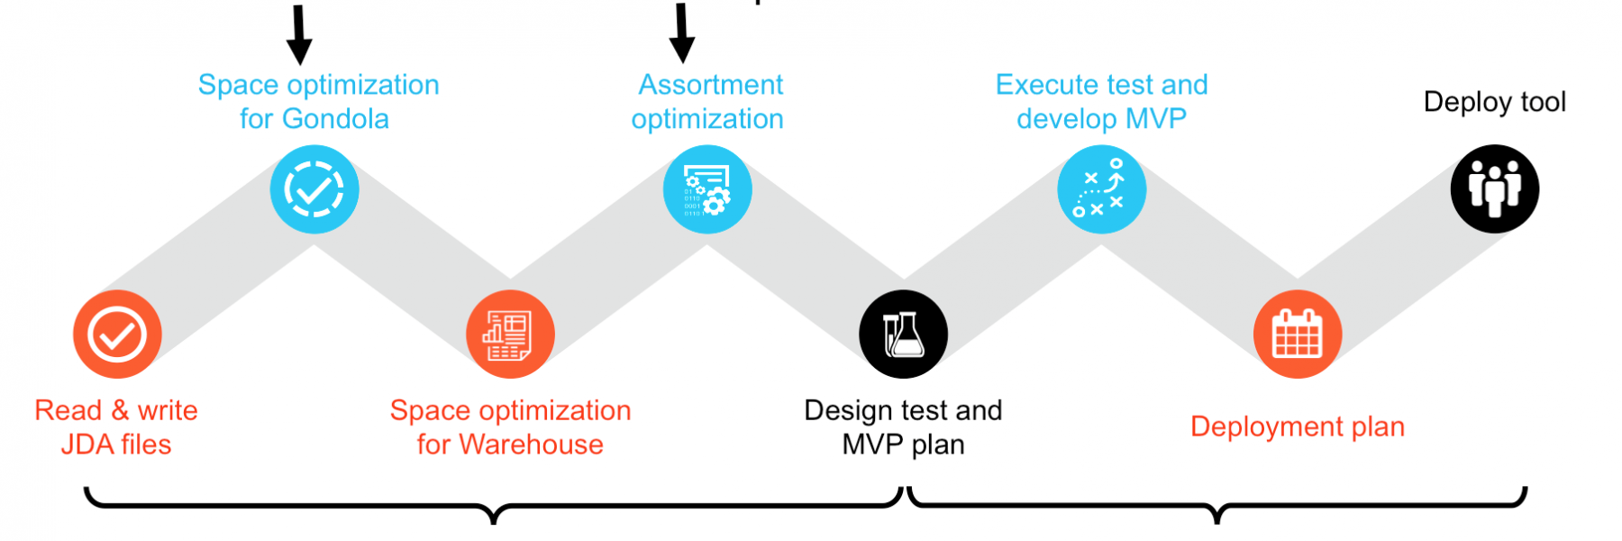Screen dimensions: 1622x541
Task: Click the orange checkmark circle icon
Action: (x=117, y=335)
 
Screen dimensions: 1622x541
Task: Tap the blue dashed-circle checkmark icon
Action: (x=314, y=189)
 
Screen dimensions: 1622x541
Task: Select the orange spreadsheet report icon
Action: (x=510, y=335)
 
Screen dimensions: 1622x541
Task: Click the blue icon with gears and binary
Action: (x=707, y=189)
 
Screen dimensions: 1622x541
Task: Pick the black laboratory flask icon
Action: (x=904, y=335)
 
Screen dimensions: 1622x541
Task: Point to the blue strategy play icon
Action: (x=1101, y=189)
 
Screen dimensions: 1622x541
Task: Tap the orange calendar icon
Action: (x=1298, y=335)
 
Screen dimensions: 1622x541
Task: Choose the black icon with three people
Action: (x=1495, y=189)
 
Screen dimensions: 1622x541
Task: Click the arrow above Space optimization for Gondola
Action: (x=299, y=35)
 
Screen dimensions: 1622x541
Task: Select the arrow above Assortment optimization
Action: (x=682, y=33)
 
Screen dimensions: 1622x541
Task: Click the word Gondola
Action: (x=335, y=119)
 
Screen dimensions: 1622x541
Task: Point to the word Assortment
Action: (x=711, y=85)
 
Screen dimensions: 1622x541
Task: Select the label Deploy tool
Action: (x=1495, y=102)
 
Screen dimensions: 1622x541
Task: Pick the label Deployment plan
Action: (x=1298, y=426)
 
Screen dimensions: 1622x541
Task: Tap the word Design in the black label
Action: (x=848, y=411)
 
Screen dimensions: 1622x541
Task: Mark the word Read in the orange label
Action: (x=68, y=411)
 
